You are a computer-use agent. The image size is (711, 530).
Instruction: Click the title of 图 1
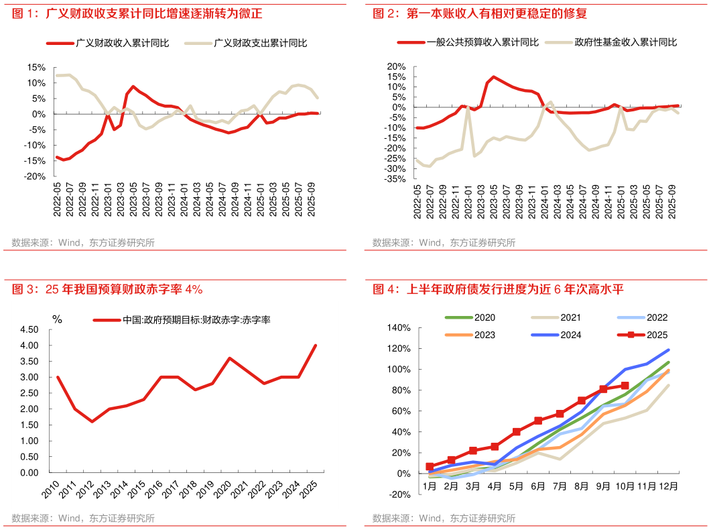coord(137,13)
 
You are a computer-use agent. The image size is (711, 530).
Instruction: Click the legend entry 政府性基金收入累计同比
coord(625,42)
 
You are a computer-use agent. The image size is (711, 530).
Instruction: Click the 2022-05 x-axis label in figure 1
coord(59,201)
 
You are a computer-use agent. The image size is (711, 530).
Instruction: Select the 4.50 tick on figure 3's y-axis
coord(29,329)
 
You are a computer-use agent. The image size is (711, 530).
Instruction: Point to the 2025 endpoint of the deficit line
coord(316,346)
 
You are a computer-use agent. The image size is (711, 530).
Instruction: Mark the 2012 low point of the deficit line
coord(92,421)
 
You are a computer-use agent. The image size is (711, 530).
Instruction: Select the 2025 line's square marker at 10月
coord(625,386)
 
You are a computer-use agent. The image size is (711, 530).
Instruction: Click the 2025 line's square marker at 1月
coord(430,466)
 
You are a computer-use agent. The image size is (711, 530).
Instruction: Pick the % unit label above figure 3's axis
coord(57,319)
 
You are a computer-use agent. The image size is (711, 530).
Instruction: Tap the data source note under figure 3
coord(83,518)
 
